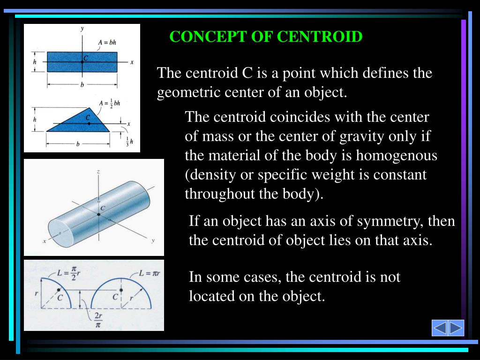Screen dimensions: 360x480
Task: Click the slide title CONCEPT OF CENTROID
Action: tap(266, 37)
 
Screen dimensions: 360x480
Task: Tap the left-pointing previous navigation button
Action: tap(440, 328)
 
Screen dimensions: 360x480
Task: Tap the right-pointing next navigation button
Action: tap(456, 328)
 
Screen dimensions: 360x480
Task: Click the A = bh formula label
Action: tap(107, 42)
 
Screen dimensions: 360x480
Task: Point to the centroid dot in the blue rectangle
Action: tap(82, 62)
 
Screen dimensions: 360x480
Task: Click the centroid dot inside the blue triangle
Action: tap(89, 123)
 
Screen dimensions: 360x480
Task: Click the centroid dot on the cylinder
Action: tap(98, 214)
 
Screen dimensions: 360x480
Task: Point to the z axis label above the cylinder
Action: tap(98, 172)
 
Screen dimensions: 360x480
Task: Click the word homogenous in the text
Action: tap(397, 156)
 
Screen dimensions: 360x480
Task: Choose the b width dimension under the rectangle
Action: tap(82, 85)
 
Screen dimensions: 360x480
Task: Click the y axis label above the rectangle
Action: tap(82, 29)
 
